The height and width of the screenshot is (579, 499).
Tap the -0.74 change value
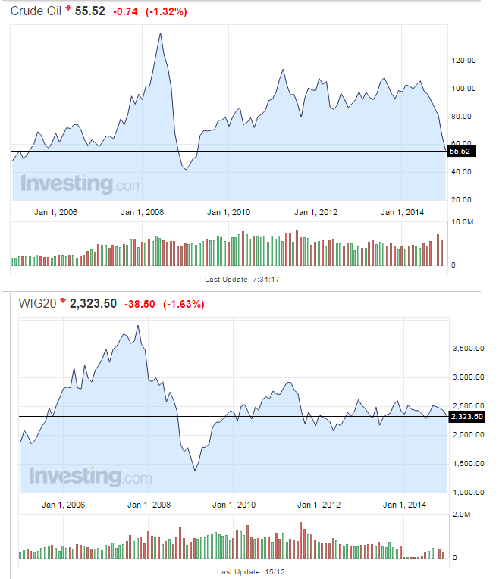127,12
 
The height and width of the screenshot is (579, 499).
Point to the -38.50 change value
140,304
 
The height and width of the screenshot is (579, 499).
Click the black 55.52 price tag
460,152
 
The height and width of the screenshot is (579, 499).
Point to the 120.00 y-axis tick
463,61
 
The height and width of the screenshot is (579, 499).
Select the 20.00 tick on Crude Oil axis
463,199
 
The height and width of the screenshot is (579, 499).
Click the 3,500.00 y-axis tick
469,349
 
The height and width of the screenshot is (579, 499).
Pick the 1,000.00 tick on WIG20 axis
469,492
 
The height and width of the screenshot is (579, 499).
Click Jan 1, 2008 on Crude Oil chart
142,212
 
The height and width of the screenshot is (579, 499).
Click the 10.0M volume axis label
463,222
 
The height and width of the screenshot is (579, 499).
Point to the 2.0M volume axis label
463,514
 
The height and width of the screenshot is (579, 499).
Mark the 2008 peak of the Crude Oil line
160,33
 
